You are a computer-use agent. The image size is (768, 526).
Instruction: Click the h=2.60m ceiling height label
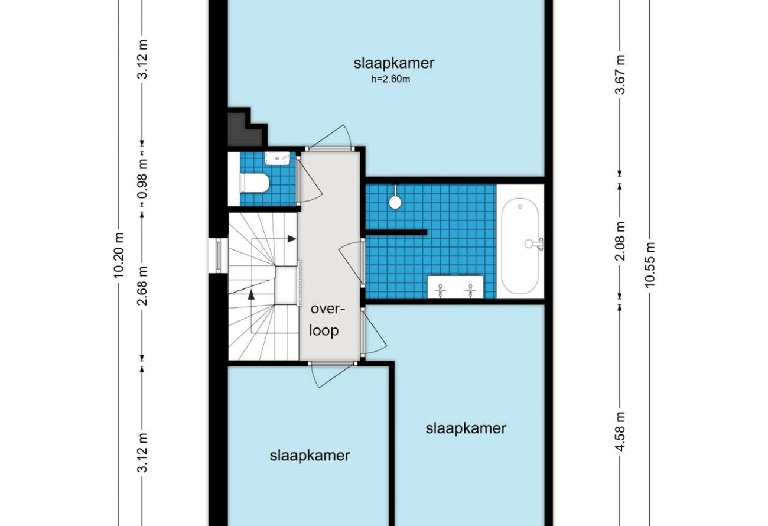coord(390,79)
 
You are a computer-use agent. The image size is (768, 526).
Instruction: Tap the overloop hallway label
coord(327,320)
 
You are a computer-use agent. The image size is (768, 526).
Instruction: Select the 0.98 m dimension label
coord(142,178)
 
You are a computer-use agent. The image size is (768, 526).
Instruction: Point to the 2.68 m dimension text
coord(142,285)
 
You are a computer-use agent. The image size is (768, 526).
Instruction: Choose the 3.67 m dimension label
coord(620,74)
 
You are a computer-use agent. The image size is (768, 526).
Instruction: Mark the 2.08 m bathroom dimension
coord(620,241)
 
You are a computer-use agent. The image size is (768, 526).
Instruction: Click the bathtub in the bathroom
coord(520,245)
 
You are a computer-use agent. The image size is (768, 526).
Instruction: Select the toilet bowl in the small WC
coord(255,183)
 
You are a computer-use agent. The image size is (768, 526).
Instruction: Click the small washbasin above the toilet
coord(278,158)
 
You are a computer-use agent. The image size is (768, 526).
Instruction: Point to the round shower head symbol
coord(395,202)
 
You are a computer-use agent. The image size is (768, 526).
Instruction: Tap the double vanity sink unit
coord(455,287)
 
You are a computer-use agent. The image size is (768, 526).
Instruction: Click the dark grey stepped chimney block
coord(248,127)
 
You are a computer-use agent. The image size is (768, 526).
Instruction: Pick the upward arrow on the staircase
coord(251,294)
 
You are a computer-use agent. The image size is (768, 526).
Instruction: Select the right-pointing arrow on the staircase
coord(292,239)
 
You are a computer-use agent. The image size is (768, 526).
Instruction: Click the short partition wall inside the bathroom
coord(396,232)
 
